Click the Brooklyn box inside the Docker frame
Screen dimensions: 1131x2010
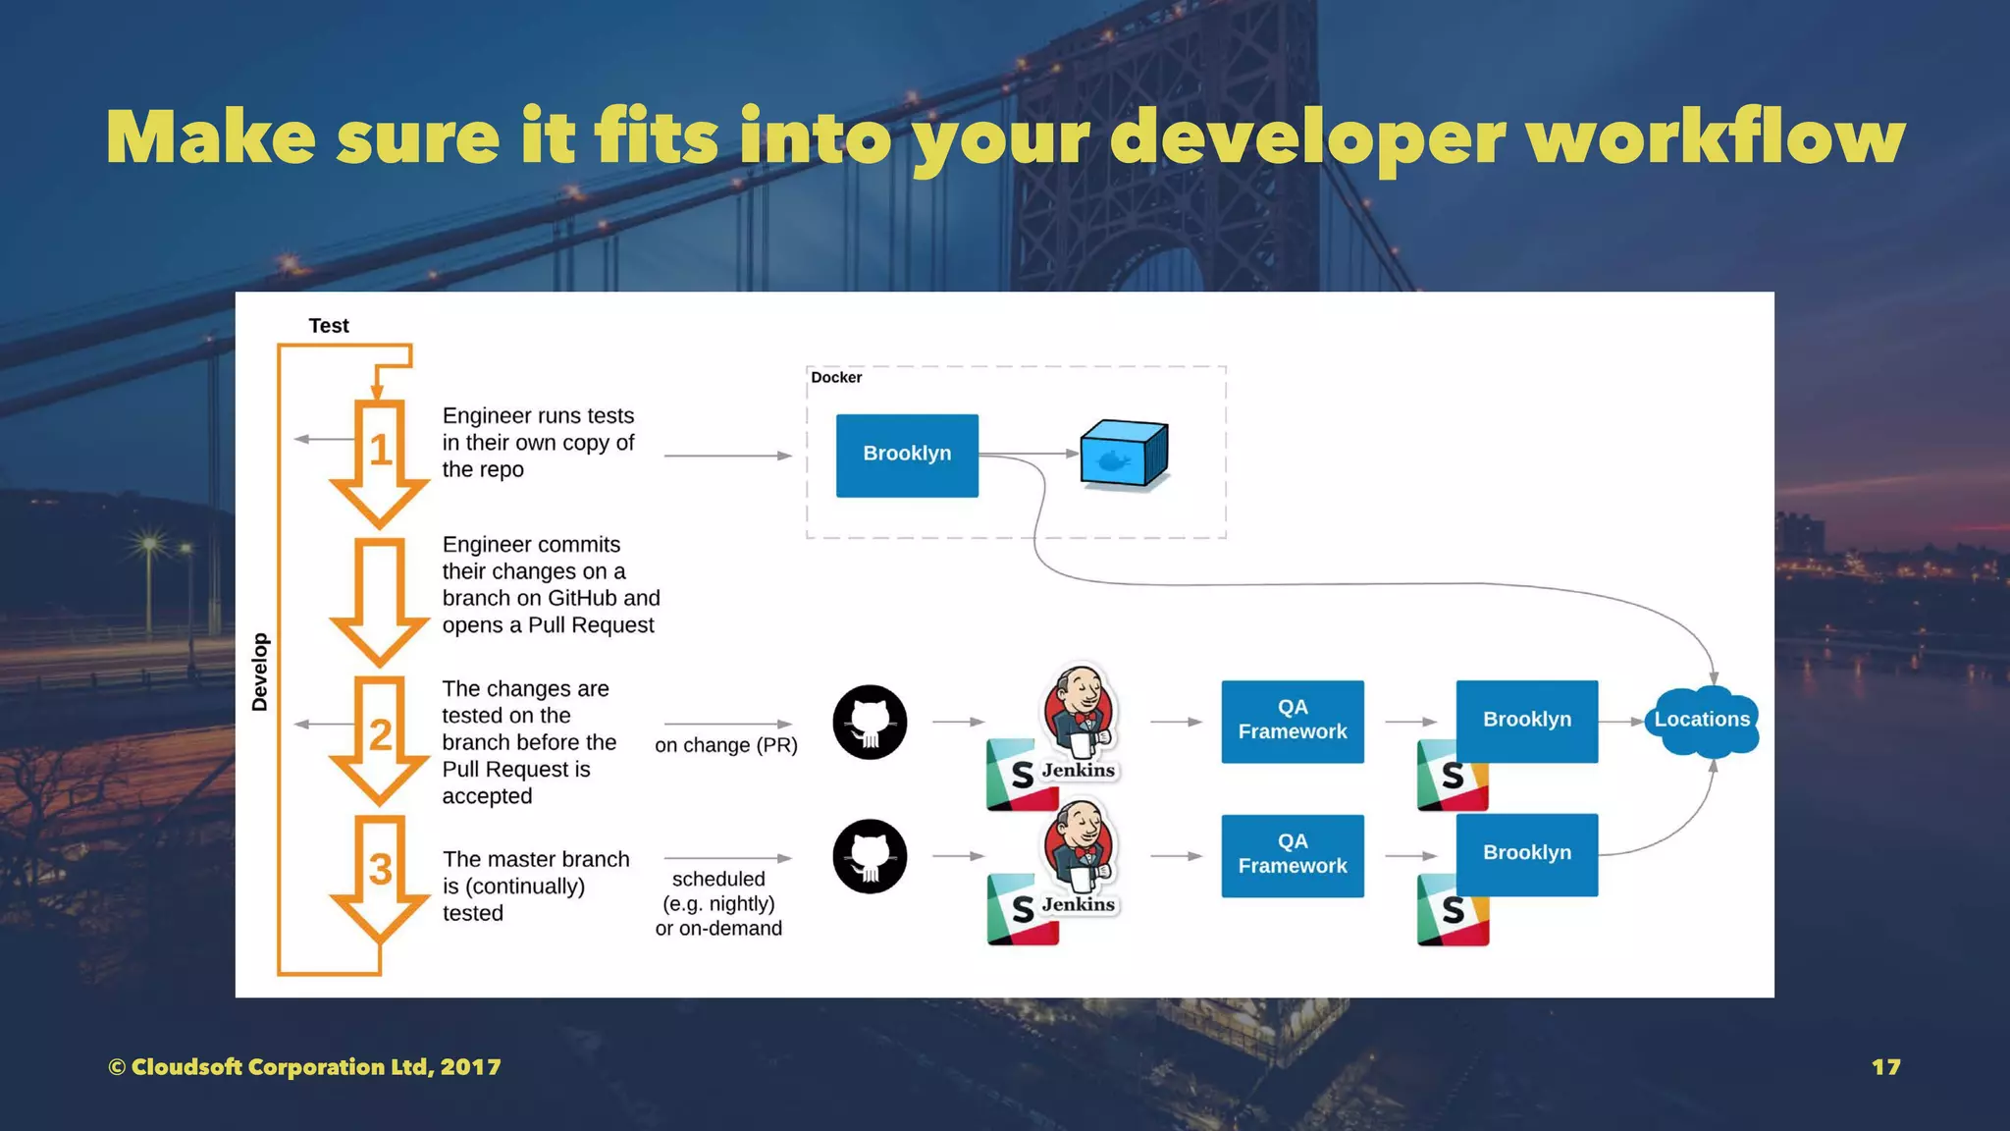[x=907, y=455]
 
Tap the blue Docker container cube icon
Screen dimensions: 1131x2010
[x=1124, y=455]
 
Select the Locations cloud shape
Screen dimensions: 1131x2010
[x=1702, y=721]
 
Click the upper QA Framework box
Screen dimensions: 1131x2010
[x=1292, y=721]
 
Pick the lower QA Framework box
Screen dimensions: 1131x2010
[x=1292, y=855]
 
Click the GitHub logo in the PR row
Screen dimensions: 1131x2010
[x=870, y=723]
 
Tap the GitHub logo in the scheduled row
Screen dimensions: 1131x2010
[x=870, y=856]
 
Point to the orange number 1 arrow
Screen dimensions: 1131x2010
[x=380, y=452]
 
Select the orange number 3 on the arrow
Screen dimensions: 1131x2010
[x=380, y=870]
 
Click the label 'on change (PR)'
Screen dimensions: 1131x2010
[x=725, y=745]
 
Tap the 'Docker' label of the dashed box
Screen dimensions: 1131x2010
[x=836, y=378]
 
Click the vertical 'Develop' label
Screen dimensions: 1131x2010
[x=260, y=672]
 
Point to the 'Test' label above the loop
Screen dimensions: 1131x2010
[x=329, y=326]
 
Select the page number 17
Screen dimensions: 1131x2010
[x=1885, y=1067]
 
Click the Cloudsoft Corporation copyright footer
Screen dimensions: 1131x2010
[x=304, y=1067]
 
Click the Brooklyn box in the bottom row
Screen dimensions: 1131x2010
[x=1526, y=853]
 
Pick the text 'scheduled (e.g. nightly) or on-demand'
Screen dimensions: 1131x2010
[x=718, y=904]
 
